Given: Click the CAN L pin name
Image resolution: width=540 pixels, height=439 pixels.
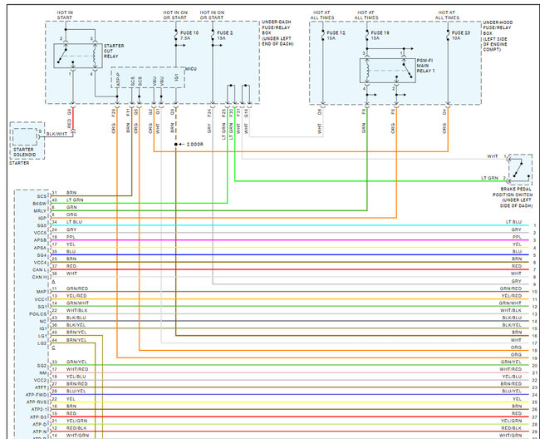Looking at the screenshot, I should [40, 269].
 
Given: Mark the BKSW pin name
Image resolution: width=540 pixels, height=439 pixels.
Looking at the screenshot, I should [40, 203].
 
